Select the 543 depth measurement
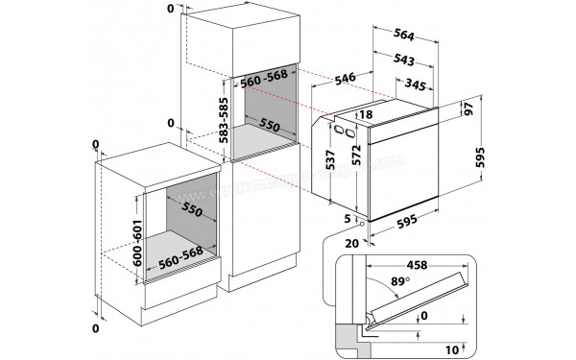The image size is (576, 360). click(x=403, y=60)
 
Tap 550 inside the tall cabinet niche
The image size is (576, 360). click(x=272, y=127)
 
